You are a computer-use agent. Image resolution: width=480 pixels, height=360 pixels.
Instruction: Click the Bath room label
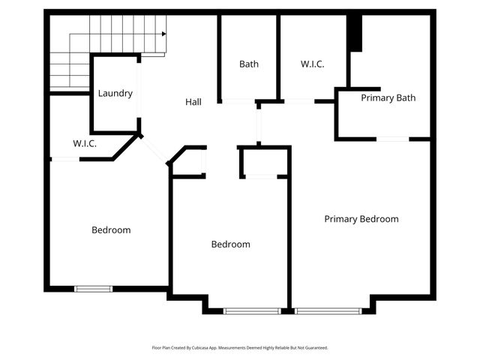249,64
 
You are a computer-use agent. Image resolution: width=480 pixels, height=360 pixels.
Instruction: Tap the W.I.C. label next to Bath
313,64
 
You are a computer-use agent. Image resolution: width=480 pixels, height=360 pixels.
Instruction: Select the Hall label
193,102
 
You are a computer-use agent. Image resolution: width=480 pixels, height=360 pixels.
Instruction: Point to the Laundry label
115,94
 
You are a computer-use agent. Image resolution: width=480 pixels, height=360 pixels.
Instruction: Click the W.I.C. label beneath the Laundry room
85,142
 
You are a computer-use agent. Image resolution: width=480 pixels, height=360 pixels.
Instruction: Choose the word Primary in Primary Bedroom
340,219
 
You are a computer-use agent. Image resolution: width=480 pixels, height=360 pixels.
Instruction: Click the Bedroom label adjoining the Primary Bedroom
230,244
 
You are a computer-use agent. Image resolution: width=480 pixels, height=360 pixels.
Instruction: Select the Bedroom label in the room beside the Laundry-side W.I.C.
111,230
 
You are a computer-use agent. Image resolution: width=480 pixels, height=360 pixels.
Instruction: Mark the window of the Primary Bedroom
327,310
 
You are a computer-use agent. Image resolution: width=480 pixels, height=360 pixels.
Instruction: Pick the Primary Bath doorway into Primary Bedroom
392,139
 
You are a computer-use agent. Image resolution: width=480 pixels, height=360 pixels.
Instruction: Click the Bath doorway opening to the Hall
238,101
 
